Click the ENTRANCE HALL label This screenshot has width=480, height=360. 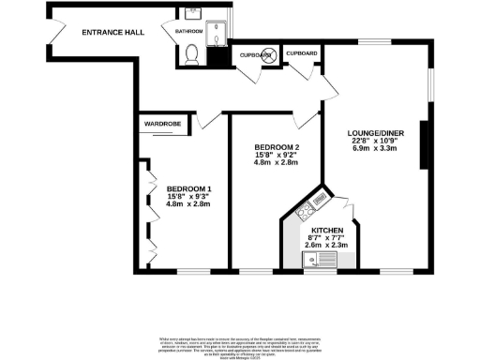coord(112,33)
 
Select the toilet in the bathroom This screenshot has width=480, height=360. coord(192,54)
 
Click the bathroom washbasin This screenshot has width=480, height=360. coord(193,16)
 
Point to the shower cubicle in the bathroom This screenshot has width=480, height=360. coord(219,34)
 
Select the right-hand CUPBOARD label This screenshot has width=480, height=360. coord(301,53)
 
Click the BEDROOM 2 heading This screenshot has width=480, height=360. coord(276,147)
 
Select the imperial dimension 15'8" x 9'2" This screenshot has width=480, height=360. coord(276,156)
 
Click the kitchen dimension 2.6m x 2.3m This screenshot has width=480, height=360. coord(327,245)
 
